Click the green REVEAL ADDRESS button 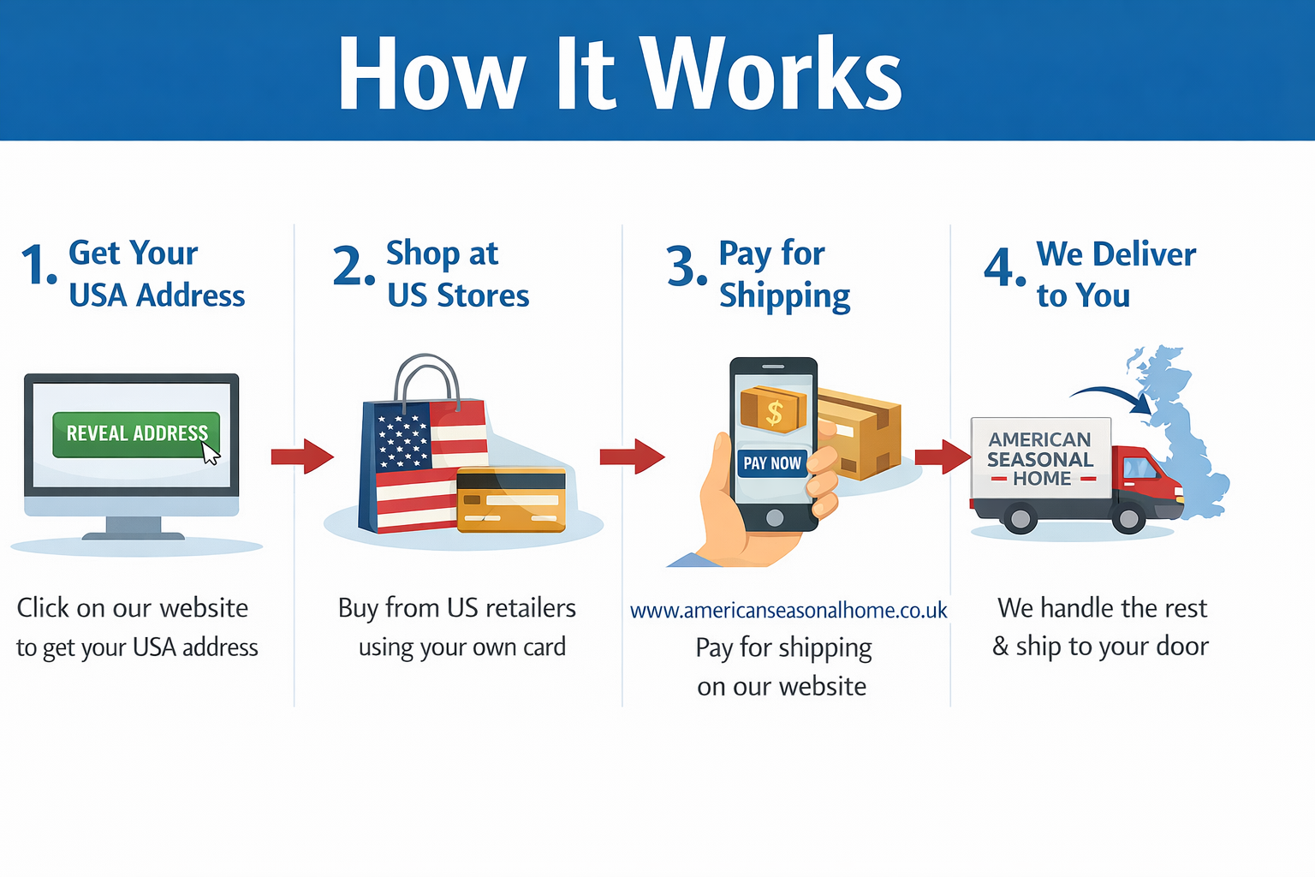[x=136, y=435]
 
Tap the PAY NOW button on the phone [x=772, y=462]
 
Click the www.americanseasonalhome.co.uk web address [x=788, y=611]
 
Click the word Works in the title [x=771, y=73]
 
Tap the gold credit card [x=511, y=500]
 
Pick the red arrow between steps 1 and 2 [x=302, y=456]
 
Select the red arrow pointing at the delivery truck [x=943, y=456]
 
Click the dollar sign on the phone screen [x=774, y=412]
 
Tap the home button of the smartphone [x=774, y=517]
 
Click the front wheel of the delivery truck [x=1128, y=518]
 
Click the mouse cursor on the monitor [x=211, y=453]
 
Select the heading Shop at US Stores [x=458, y=274]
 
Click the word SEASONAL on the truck [x=1040, y=459]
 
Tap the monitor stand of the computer [x=133, y=527]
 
